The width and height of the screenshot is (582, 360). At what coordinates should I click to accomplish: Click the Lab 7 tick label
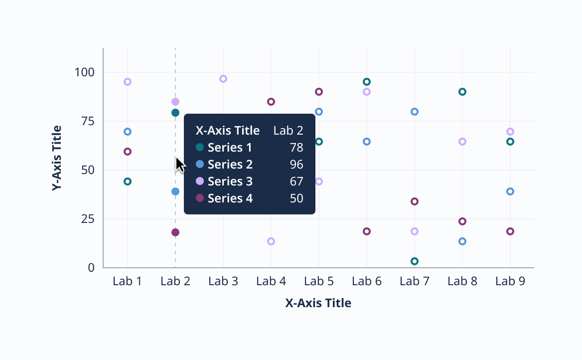click(x=415, y=281)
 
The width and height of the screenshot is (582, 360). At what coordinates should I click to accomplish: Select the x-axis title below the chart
click(x=318, y=303)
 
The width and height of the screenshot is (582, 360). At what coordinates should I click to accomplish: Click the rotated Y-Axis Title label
click(x=57, y=158)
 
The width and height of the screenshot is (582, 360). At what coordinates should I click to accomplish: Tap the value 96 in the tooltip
click(x=296, y=165)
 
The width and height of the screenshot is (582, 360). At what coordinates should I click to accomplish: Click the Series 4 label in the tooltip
click(x=230, y=198)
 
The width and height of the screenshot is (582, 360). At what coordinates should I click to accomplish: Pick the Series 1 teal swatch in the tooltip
click(x=200, y=148)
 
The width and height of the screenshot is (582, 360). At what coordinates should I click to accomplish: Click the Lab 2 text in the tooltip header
click(x=288, y=131)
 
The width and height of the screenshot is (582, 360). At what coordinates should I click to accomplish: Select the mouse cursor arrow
click(x=179, y=164)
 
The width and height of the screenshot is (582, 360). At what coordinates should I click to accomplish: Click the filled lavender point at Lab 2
click(x=175, y=102)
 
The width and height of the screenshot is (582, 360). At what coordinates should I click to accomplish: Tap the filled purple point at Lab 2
click(x=175, y=232)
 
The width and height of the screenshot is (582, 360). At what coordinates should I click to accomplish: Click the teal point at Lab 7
click(x=415, y=261)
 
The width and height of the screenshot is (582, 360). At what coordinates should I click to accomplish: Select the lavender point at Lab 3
click(x=223, y=79)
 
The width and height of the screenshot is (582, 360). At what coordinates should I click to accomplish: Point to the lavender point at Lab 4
click(x=271, y=241)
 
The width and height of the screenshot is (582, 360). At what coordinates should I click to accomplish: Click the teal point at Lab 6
click(x=367, y=82)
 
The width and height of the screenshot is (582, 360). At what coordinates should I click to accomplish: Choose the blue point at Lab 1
click(x=128, y=132)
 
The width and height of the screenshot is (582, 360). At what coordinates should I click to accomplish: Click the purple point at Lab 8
click(x=462, y=221)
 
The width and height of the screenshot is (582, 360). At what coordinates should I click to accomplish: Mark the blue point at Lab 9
click(x=510, y=191)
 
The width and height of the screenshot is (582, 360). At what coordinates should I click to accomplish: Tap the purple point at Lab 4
click(x=271, y=102)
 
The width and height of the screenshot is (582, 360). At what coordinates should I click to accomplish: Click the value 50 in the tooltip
click(x=296, y=198)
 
